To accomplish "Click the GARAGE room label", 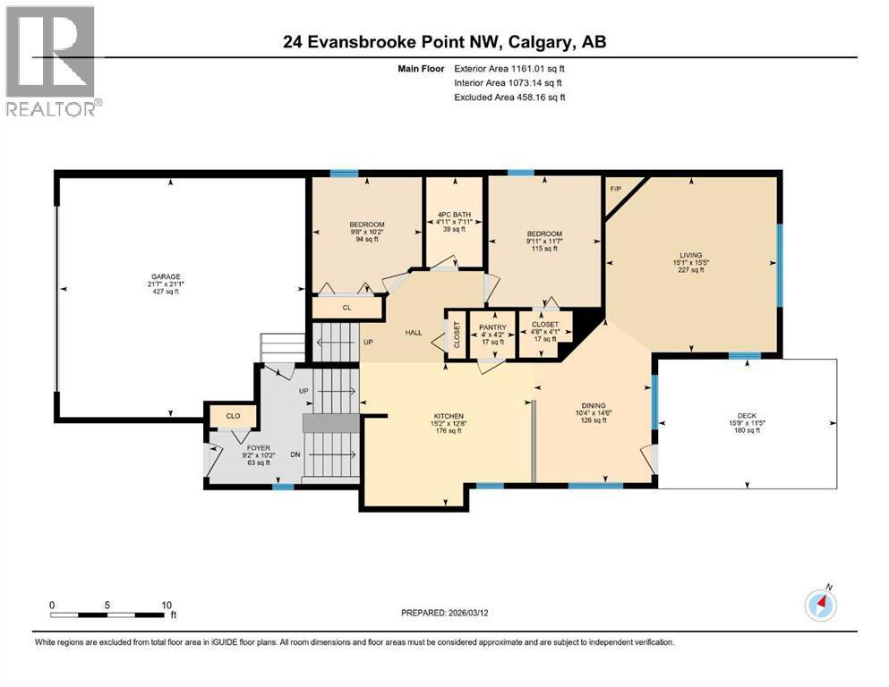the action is click(x=166, y=277).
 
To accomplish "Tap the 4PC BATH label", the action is click(x=454, y=215).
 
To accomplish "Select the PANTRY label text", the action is click(x=492, y=327).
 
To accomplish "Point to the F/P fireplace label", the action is click(x=616, y=189).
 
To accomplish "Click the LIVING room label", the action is click(x=691, y=256).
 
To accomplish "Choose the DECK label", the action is click(x=748, y=416).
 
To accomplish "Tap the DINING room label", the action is click(x=594, y=405).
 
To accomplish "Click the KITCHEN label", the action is click(x=449, y=416).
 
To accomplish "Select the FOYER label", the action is click(x=259, y=448).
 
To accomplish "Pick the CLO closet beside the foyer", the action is click(x=233, y=416).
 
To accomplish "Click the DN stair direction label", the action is click(x=295, y=454).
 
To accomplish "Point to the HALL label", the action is click(x=414, y=333).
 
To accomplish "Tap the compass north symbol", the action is click(x=820, y=605).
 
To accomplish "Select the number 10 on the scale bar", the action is click(x=167, y=605).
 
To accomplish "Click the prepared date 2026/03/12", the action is click(x=467, y=613).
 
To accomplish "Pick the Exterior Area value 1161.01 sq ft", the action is click(x=538, y=69).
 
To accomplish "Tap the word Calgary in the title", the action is click(x=541, y=42).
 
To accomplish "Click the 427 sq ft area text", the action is click(x=166, y=292).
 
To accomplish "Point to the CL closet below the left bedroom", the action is click(x=347, y=308).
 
